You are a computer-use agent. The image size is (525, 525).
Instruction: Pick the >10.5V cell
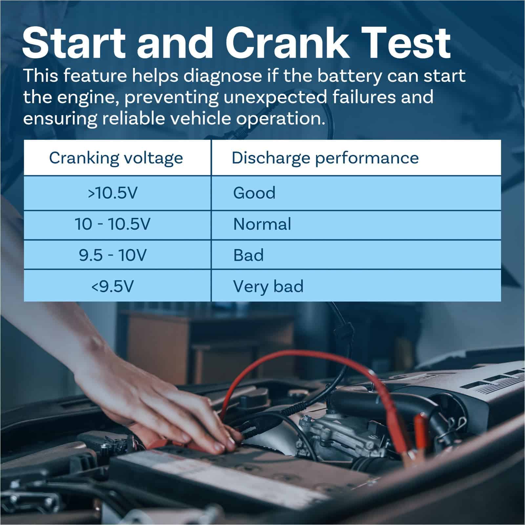(112, 193)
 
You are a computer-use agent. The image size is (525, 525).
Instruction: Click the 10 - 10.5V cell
(113, 224)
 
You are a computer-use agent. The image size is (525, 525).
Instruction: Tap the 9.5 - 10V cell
(113, 255)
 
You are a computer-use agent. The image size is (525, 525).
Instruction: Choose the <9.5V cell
(113, 286)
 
